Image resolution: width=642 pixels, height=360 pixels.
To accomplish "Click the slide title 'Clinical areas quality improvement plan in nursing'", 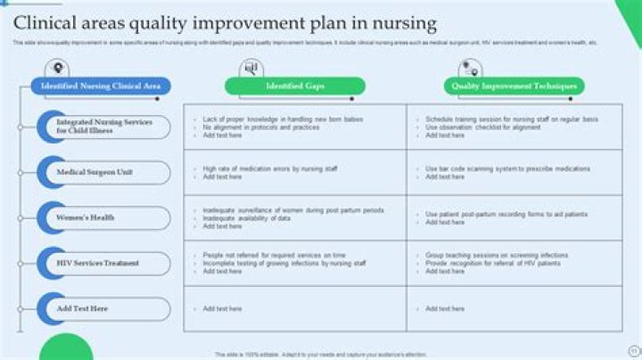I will coord(225,21).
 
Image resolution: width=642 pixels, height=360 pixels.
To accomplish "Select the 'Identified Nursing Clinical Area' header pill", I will coord(100,86).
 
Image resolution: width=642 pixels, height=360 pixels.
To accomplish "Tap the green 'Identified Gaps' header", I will coord(295,86).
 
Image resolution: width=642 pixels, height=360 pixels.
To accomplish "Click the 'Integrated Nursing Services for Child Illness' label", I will coord(104,127).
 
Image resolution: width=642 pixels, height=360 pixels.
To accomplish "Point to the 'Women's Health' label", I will coord(86,217).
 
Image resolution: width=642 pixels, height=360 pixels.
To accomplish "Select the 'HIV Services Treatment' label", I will coord(98,263).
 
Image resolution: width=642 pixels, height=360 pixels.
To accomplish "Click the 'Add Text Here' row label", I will coord(82,308).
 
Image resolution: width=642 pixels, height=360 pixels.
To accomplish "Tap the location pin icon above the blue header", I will coord(59,68).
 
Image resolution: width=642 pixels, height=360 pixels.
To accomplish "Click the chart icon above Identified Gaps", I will coord(251,68).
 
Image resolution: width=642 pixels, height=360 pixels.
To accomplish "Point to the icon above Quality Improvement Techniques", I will coord(469,68).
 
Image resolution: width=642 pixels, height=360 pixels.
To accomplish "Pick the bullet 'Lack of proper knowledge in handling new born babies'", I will coord(283,119).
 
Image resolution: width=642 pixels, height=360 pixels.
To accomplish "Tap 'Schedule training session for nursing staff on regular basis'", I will coord(511,119).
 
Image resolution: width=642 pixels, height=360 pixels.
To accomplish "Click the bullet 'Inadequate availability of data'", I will coord(246,217).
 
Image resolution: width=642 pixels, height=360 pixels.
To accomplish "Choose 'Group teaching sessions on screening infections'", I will coord(497,255).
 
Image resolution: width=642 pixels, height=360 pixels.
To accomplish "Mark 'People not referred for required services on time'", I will coord(274,255).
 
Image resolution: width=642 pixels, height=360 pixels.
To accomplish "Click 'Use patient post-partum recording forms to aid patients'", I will coord(506,214).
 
